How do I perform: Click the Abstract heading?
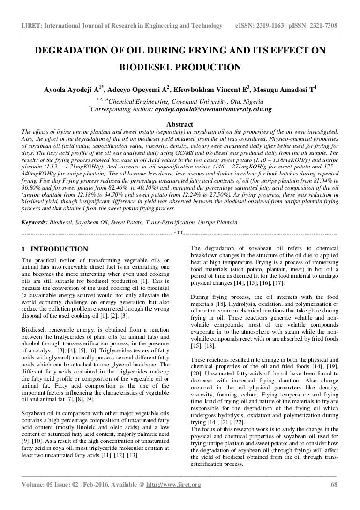[x=180, y=124]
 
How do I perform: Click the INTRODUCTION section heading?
[x=59, y=249]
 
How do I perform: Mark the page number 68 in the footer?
[x=334, y=498]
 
